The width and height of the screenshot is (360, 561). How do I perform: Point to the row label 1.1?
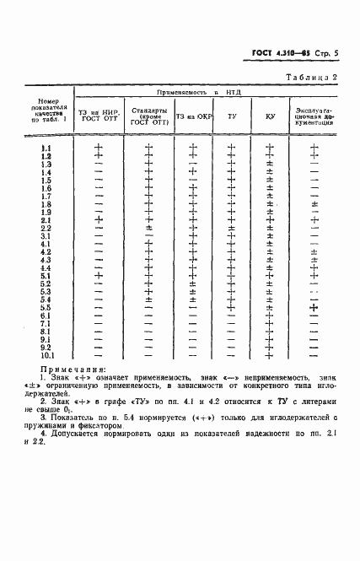[x=46, y=148]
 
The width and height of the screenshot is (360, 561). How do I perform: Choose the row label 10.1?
[x=46, y=355]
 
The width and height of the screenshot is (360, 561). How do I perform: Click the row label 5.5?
[x=46, y=307]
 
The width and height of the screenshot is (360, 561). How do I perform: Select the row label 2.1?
[x=46, y=220]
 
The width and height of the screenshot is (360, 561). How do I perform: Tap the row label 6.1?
[x=46, y=316]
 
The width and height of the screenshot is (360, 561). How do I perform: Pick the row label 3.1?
[x=46, y=236]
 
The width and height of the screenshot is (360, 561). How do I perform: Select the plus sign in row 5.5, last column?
[x=313, y=308]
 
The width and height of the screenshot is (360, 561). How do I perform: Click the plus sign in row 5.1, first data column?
[x=99, y=276]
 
